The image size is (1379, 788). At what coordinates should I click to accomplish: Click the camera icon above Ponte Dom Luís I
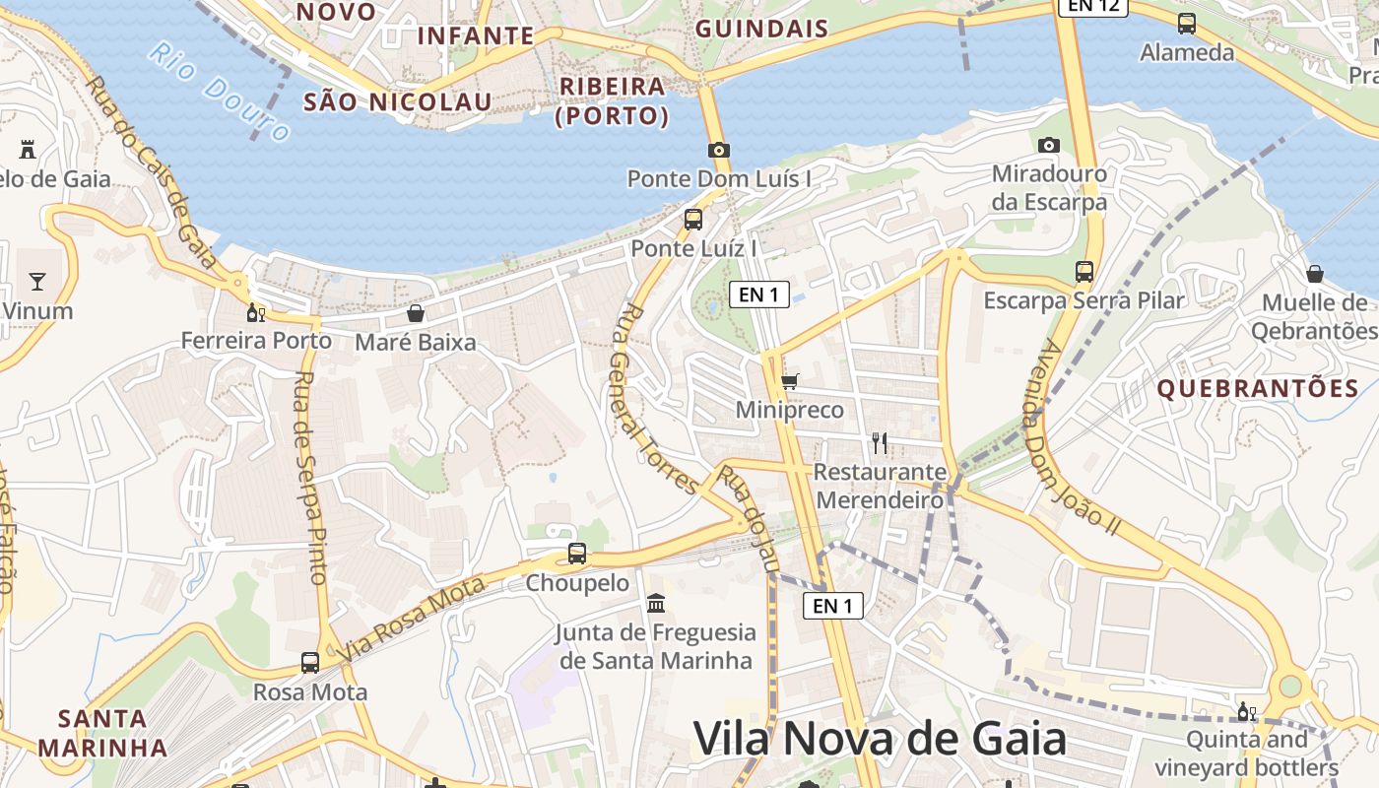719,151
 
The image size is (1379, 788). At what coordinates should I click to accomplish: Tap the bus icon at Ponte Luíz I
693,219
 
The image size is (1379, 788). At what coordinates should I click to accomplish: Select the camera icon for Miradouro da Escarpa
1049,145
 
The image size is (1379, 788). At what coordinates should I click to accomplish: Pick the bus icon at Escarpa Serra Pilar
1083,271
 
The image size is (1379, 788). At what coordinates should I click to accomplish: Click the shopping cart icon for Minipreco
789,381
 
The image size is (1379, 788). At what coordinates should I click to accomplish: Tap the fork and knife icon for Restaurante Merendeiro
880,443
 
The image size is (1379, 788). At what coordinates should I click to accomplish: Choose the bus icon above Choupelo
577,554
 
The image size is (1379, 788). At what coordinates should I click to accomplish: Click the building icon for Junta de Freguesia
656,602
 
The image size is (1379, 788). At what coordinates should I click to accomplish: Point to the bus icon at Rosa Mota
310,662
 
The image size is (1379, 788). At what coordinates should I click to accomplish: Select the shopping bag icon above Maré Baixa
416,313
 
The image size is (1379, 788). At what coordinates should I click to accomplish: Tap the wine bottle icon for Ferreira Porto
255,312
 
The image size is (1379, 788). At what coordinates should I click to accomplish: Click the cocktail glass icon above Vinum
37,282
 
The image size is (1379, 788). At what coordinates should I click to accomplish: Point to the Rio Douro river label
220,92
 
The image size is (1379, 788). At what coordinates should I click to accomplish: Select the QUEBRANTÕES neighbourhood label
1258,389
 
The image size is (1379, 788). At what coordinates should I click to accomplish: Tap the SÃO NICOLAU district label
397,101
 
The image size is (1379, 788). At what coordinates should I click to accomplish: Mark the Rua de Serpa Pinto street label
309,478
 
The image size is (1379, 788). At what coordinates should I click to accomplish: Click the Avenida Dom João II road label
1081,438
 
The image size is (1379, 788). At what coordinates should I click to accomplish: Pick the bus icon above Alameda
1187,23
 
